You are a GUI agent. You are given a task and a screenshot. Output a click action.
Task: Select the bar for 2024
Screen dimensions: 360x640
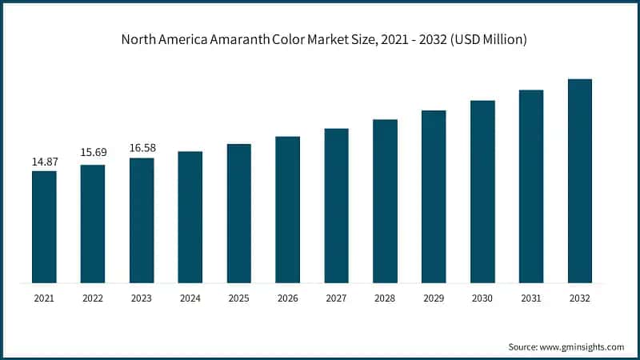[x=190, y=217]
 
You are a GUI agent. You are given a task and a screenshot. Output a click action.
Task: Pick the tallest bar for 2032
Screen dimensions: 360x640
[x=579, y=181]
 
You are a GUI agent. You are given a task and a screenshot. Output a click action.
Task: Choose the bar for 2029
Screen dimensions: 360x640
[x=434, y=196]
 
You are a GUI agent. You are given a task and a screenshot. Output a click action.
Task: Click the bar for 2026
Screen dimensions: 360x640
[x=287, y=209]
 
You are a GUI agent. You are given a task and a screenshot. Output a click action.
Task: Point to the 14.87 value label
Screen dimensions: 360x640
[x=44, y=162]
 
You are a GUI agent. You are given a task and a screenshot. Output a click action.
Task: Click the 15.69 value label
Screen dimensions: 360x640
[x=93, y=152]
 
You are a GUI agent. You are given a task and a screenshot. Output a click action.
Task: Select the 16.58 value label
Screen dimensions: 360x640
[x=142, y=148]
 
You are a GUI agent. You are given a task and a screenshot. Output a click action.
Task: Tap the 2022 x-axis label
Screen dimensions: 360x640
[x=93, y=298]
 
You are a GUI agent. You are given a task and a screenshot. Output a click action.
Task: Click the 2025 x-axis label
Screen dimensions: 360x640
[x=238, y=298]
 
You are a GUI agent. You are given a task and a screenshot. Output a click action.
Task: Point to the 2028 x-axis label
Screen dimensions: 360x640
[x=385, y=298]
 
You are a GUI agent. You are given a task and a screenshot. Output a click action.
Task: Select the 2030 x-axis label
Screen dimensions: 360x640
[x=482, y=298]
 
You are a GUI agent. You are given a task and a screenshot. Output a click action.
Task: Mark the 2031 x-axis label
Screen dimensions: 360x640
[x=531, y=298]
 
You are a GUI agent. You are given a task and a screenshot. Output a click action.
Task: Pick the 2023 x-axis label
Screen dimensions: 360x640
[x=142, y=298]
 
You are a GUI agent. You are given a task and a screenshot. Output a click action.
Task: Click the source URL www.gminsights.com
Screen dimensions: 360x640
[x=581, y=346]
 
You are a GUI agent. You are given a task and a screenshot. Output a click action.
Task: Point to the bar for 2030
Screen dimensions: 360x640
[x=482, y=191]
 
